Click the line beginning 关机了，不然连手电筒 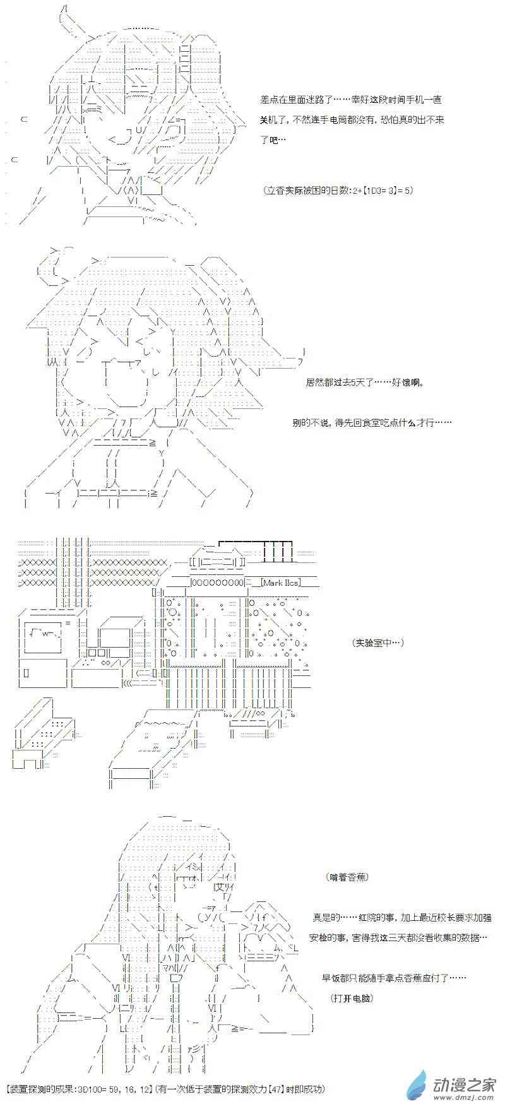[352, 120]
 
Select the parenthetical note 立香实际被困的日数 [339, 190]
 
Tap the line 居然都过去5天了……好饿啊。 [364, 383]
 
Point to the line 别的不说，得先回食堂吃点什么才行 [372, 422]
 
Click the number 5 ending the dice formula [407, 190]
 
